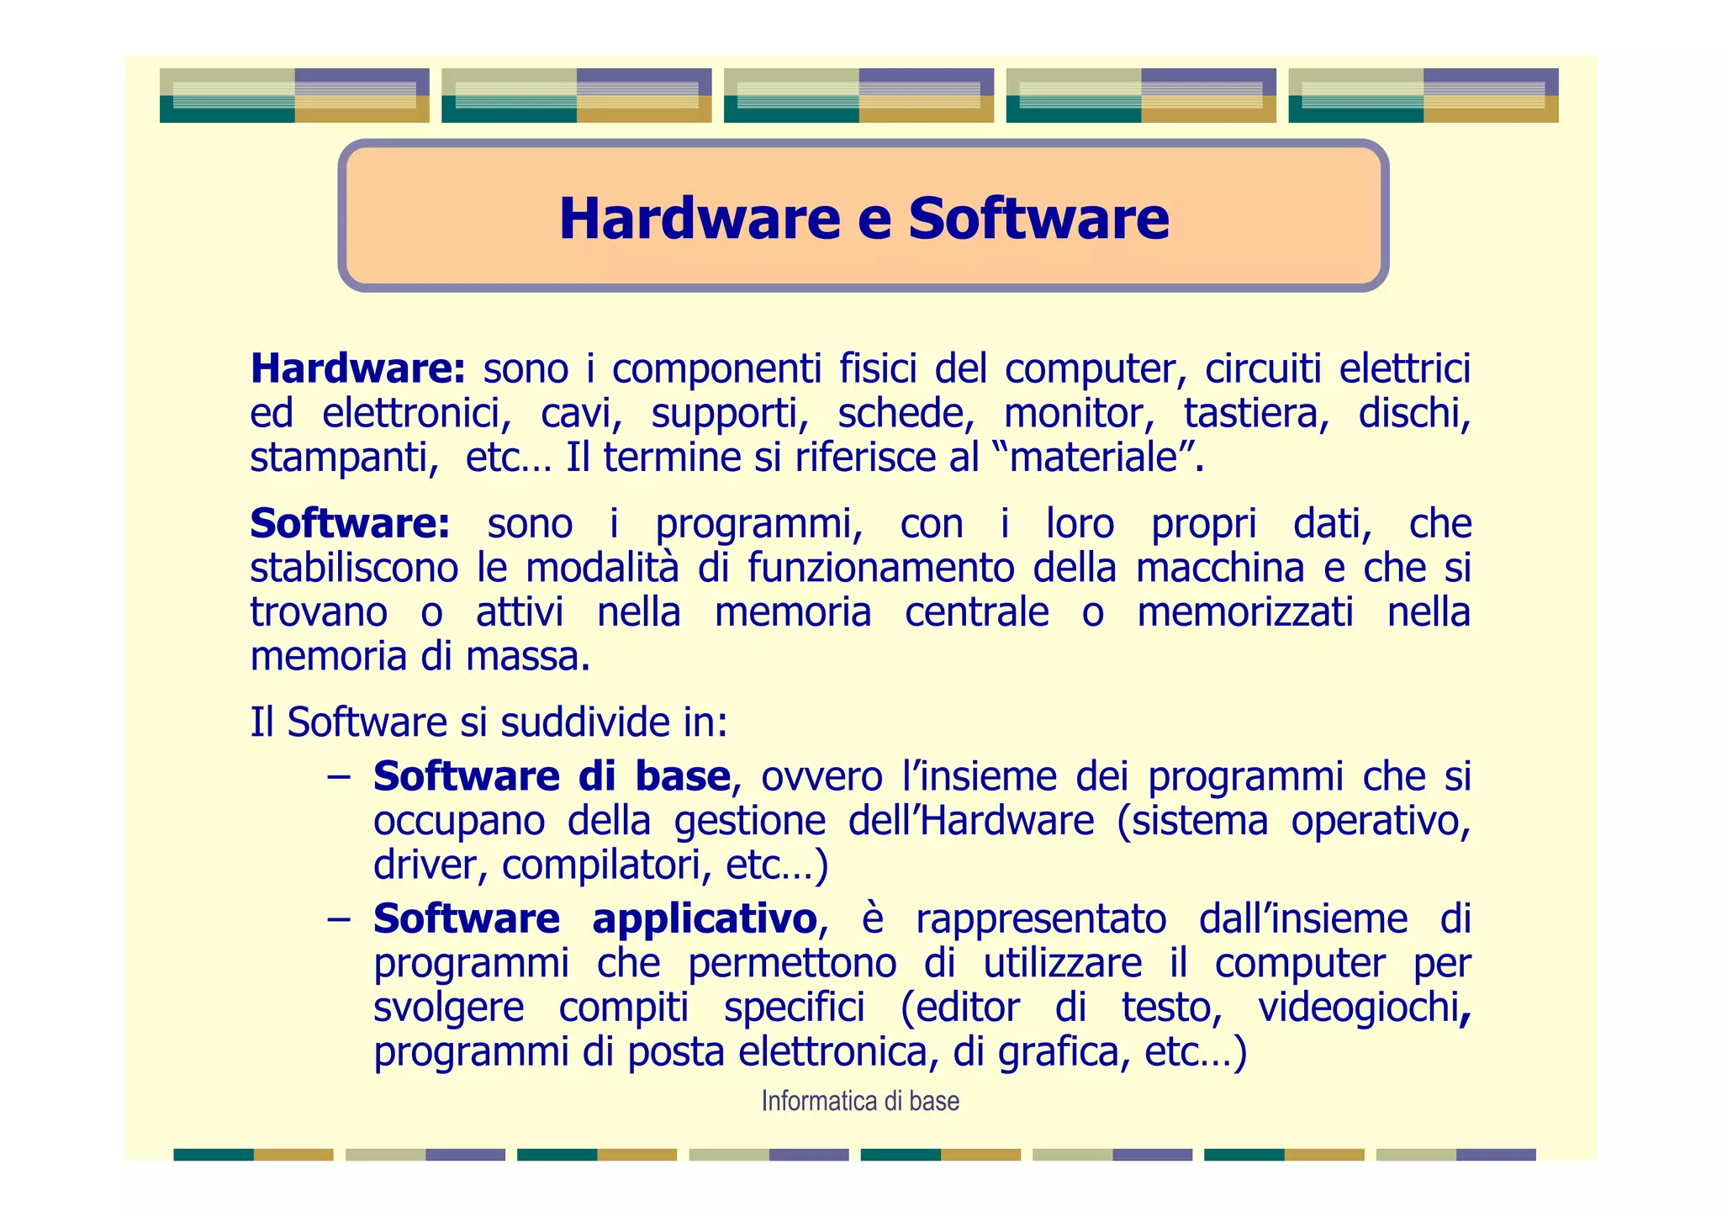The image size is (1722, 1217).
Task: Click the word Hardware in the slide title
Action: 700,219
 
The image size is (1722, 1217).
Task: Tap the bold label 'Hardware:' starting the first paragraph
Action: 357,369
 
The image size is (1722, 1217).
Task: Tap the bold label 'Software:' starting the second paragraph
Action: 350,524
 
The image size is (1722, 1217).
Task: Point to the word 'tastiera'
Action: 1255,414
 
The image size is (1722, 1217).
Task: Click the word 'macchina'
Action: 1219,569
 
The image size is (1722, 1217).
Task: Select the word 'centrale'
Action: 976,612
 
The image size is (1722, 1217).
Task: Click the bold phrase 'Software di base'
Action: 552,776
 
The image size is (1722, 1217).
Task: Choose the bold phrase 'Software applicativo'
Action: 594,918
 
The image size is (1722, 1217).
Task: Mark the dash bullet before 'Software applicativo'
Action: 339,919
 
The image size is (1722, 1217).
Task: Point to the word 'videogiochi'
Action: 1359,1008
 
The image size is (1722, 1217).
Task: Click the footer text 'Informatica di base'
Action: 860,1101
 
